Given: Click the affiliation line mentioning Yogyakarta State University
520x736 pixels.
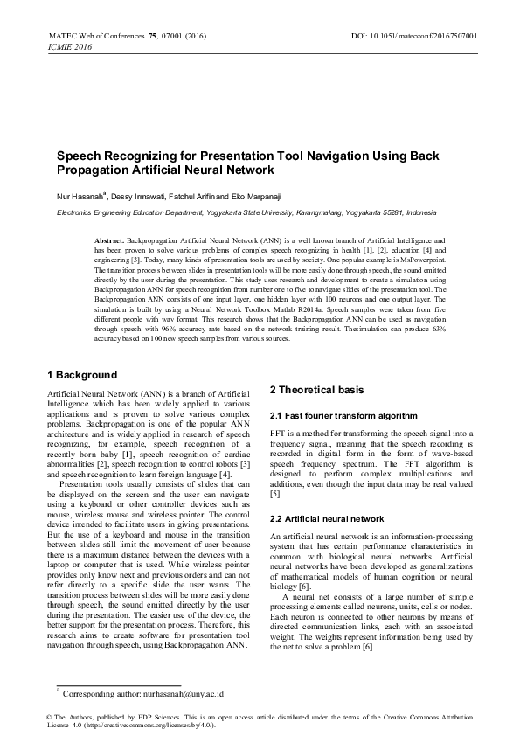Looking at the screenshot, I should pyautogui.click(x=233, y=212).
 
